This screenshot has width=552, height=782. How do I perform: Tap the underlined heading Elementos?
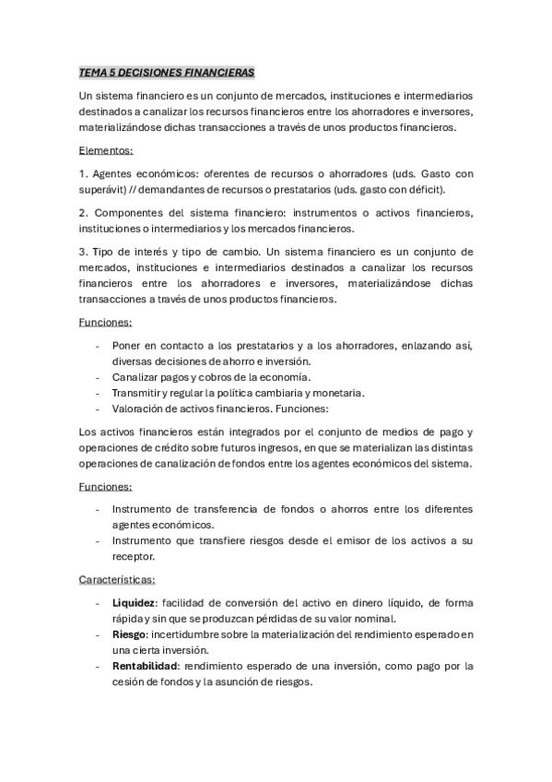tap(106, 149)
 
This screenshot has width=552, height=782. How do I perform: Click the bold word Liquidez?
tap(135, 602)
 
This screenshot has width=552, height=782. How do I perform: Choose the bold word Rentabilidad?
tap(145, 666)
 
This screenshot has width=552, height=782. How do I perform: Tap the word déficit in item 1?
tap(423, 189)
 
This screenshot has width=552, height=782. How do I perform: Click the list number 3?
tap(82, 251)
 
